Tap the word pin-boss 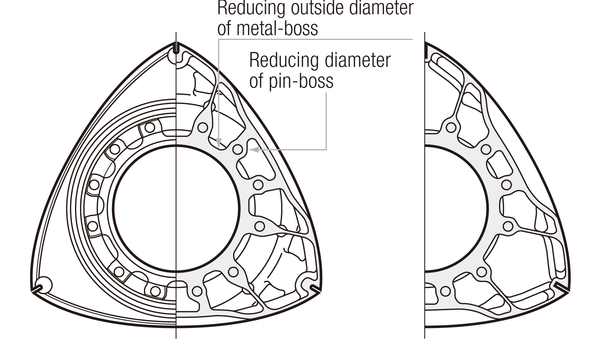pos(301,80)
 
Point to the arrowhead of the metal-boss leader pos(218,142)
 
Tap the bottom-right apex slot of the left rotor pos(315,289)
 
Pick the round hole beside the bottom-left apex pos(44,284)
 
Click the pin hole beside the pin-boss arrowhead pos(237,149)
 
